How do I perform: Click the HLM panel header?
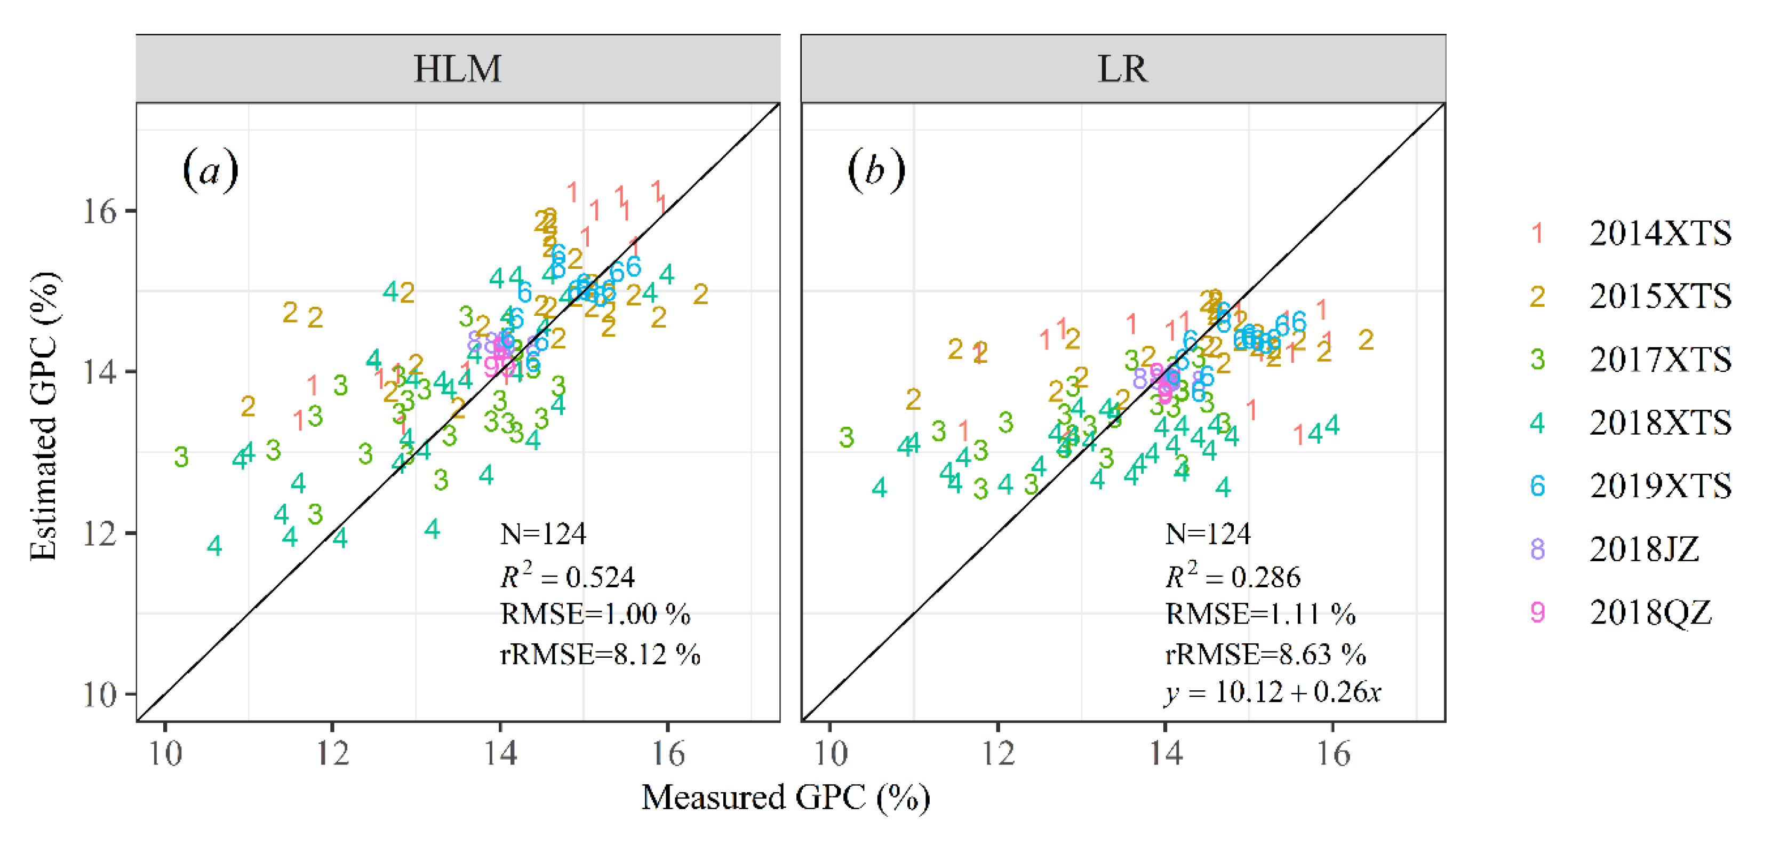click(458, 69)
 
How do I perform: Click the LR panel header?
click(1123, 69)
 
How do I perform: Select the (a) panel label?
click(211, 171)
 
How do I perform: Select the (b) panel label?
click(876, 171)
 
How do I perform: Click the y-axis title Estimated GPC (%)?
click(44, 416)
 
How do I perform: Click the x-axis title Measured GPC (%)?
click(786, 798)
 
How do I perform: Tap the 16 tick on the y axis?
click(100, 211)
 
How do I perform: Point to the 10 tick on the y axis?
click(100, 695)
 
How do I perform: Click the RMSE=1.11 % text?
click(1260, 613)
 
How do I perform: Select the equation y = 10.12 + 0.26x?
click(1273, 692)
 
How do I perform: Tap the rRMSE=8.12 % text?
click(600, 654)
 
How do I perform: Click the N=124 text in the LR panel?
click(1208, 534)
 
